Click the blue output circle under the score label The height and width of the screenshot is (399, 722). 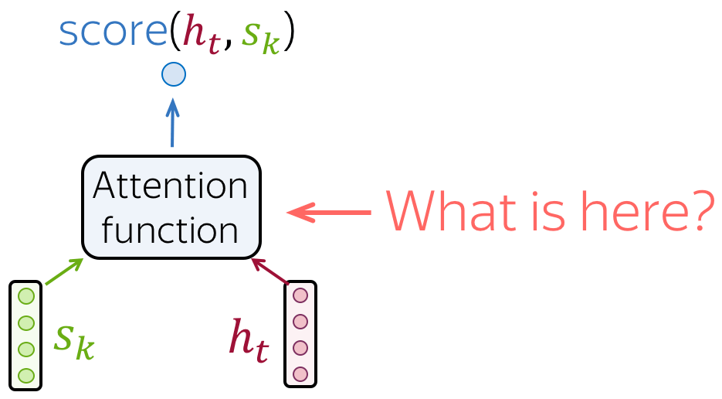(174, 74)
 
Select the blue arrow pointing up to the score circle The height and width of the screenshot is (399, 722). (172, 123)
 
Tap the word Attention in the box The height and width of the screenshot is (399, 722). (171, 186)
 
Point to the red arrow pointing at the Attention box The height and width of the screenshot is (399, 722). (329, 213)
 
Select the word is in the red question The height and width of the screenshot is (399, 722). (549, 211)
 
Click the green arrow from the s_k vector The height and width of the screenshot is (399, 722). (64, 271)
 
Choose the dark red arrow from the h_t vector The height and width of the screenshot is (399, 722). (270, 271)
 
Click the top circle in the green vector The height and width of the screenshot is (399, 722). (26, 296)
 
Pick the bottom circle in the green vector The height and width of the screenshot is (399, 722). (26, 376)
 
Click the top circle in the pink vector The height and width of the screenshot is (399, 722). (300, 295)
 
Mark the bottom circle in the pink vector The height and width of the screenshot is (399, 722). (300, 374)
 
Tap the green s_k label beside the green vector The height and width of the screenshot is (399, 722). (74, 342)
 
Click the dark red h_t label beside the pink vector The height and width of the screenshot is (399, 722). (249, 340)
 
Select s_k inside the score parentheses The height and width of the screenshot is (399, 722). (261, 37)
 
